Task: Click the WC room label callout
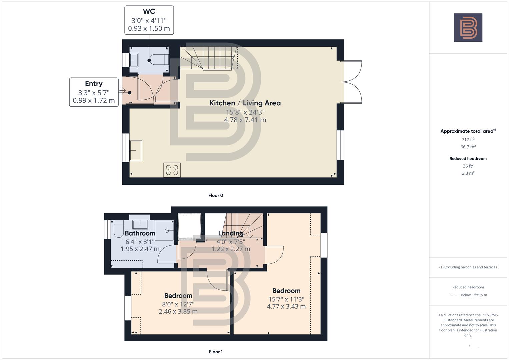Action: [149, 20]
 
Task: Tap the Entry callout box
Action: [94, 92]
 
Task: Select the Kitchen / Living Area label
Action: [245, 103]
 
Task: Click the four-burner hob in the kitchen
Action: [172, 170]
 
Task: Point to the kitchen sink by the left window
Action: [136, 151]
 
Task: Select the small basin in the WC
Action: [134, 60]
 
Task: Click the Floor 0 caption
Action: [216, 195]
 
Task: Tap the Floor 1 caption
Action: [216, 352]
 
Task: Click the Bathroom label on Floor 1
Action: [140, 233]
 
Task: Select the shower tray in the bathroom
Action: [164, 230]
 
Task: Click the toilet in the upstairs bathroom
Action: [119, 229]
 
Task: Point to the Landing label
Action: [231, 233]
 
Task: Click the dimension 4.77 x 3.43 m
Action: [286, 306]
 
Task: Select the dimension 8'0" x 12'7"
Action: [178, 304]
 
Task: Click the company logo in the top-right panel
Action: [468, 27]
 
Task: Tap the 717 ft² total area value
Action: [468, 140]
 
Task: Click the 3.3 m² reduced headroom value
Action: [468, 173]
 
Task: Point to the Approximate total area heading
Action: [467, 131]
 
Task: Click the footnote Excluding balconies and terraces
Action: [468, 267]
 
